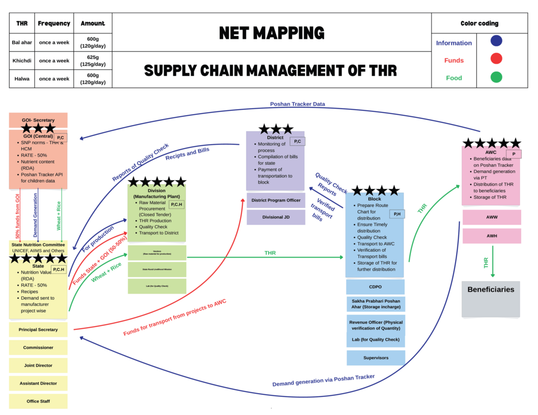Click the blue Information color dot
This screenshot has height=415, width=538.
point(496,41)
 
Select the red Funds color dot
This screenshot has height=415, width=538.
point(496,59)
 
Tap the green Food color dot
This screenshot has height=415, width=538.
point(496,77)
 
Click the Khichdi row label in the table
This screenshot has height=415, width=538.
point(22,61)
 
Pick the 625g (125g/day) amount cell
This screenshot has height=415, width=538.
point(93,61)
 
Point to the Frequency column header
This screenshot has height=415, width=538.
point(54,23)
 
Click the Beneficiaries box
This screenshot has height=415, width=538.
point(491,298)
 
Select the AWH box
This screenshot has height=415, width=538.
point(492,236)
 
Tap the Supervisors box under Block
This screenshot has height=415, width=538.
point(376,358)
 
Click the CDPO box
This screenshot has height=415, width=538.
point(375,287)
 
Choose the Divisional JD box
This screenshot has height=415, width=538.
point(276,217)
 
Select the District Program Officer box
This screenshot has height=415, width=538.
point(276,200)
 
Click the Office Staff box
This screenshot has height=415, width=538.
point(38,401)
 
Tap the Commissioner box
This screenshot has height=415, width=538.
point(38,347)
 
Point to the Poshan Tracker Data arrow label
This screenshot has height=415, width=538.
point(297,104)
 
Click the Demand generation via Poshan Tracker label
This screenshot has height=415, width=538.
point(324,380)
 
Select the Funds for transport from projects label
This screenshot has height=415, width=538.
point(175,318)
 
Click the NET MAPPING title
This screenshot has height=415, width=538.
point(271,33)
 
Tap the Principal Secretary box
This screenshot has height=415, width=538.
point(38,330)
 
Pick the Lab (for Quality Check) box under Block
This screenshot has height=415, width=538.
point(375,340)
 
